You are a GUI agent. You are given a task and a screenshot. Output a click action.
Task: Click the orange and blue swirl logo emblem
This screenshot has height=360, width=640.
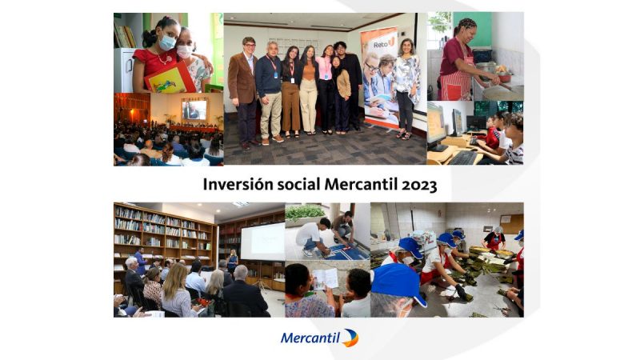pyautogui.click(x=350, y=338)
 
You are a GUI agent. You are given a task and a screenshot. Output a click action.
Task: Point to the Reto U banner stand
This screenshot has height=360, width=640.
pyautogui.click(x=379, y=78)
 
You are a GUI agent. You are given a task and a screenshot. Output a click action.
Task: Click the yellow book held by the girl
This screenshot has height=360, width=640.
pyautogui.click(x=170, y=79)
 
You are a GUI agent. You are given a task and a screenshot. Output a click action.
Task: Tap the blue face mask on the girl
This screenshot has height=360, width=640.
pyautogui.click(x=167, y=42)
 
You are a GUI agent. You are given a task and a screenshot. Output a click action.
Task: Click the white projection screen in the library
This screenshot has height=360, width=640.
pyautogui.click(x=262, y=242)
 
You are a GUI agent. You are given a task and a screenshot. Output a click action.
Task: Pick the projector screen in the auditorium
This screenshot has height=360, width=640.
pyautogui.click(x=194, y=110)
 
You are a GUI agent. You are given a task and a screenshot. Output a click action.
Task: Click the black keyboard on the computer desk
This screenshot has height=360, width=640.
pyautogui.click(x=463, y=158)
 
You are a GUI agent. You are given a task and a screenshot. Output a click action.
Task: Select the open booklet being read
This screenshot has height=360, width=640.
pyautogui.click(x=326, y=278)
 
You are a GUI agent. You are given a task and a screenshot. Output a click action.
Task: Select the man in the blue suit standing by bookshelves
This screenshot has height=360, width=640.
pyautogui.click(x=140, y=261)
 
